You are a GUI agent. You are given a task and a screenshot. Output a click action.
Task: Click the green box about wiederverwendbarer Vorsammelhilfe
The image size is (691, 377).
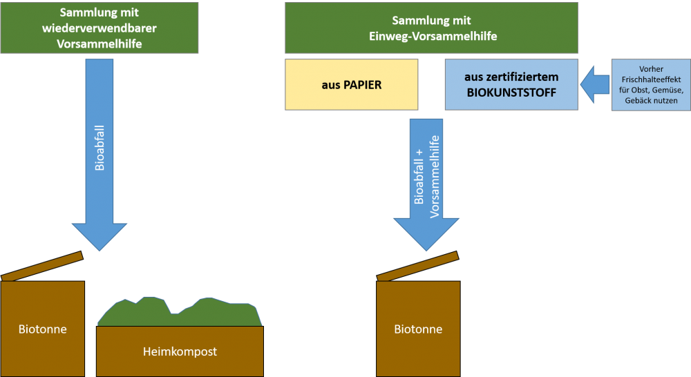coord(99,28)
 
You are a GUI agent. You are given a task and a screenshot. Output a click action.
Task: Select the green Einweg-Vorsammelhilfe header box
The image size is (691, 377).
coord(431,28)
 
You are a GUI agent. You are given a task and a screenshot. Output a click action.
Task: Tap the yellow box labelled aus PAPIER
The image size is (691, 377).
coord(351,84)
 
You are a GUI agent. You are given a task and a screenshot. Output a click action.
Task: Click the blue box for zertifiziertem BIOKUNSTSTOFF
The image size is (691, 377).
coord(511,84)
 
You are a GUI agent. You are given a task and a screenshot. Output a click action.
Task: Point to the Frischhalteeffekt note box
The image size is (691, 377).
coord(650,84)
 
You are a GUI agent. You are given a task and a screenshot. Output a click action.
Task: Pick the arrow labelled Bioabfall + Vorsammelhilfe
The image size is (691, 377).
coord(426,180)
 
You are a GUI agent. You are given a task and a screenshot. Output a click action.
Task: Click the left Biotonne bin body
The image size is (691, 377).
coord(43,329)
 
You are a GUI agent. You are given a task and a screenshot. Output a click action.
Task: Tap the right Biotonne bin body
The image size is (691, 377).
coord(418,329)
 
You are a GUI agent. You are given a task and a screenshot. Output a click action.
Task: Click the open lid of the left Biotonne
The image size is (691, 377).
coord(42,267)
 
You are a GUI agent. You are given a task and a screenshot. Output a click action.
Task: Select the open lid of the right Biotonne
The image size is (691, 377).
coord(417,267)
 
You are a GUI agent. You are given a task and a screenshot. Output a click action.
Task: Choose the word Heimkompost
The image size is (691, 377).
coord(180,352)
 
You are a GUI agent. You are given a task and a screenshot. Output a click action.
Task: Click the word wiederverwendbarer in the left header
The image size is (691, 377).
coord(99,28)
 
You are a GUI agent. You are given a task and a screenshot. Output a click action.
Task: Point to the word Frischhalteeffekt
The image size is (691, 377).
coord(650,79)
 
